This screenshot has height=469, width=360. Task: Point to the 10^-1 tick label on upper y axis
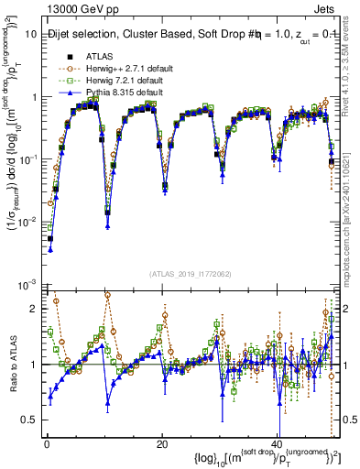(27, 158)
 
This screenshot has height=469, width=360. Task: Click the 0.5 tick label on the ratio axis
(28, 420)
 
